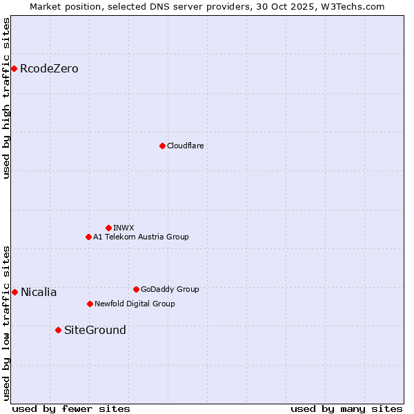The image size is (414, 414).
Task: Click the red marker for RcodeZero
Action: [x=14, y=68]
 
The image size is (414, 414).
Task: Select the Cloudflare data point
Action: [x=162, y=146]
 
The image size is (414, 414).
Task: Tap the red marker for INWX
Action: [x=108, y=228]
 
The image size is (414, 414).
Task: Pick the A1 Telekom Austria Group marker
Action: [x=88, y=237]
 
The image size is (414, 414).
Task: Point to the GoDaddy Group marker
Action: [x=136, y=289]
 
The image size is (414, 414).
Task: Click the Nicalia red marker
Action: [x=14, y=292]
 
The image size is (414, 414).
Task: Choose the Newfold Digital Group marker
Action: [x=90, y=304]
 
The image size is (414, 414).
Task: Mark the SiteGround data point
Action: [x=58, y=330]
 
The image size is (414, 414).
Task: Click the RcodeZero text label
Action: [x=49, y=68]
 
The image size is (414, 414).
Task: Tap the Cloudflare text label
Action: [x=185, y=146]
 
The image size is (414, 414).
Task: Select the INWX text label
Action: [x=124, y=228]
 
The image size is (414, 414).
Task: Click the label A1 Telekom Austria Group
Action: [x=141, y=237]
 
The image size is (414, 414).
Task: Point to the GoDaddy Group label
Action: [x=170, y=289]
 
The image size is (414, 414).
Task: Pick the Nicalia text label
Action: [x=39, y=292]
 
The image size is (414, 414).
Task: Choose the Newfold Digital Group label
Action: [x=135, y=304]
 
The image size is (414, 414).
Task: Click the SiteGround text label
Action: [x=95, y=330]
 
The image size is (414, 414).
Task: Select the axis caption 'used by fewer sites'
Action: [x=71, y=408]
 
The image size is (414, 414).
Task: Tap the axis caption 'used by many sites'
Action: [x=346, y=408]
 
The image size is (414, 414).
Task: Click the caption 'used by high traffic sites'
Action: [x=6, y=98]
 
